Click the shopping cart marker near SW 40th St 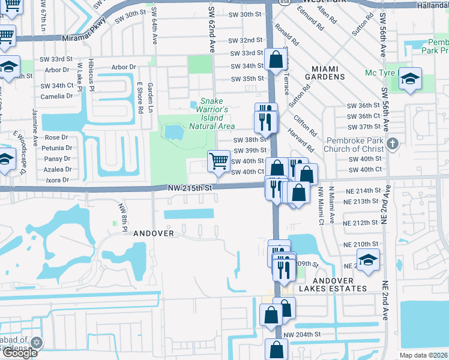click(x=218, y=160)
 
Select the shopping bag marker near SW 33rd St click(x=276, y=60)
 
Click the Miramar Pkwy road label click(x=83, y=37)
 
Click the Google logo click(x=20, y=353)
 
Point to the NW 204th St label click(x=303, y=334)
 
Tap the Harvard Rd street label click(x=301, y=139)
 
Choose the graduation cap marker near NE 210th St click(x=368, y=259)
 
